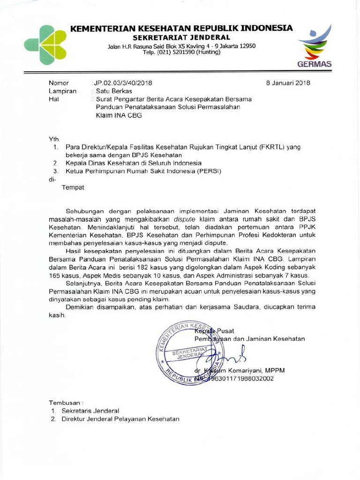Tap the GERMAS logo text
[315, 64]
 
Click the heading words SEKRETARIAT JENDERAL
[181, 37]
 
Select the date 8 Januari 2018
[288, 83]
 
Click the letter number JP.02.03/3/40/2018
[123, 83]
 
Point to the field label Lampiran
[62, 91]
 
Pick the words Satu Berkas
[114, 91]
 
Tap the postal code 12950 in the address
[247, 45]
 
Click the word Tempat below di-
[73, 187]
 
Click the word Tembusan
[66, 403]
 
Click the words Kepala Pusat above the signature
[214, 331]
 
